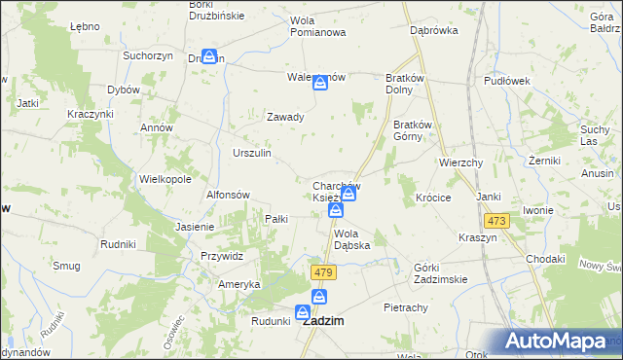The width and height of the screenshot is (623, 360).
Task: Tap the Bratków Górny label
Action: click(x=418, y=130)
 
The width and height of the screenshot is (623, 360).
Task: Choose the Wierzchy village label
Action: click(x=461, y=162)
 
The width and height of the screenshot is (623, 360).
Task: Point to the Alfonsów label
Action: click(x=230, y=194)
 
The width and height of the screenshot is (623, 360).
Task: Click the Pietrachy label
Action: click(x=406, y=307)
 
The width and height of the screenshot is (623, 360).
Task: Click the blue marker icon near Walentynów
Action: click(x=320, y=86)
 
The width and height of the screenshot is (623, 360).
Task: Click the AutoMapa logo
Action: click(x=554, y=341)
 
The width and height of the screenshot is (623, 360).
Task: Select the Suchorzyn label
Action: click(x=148, y=55)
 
